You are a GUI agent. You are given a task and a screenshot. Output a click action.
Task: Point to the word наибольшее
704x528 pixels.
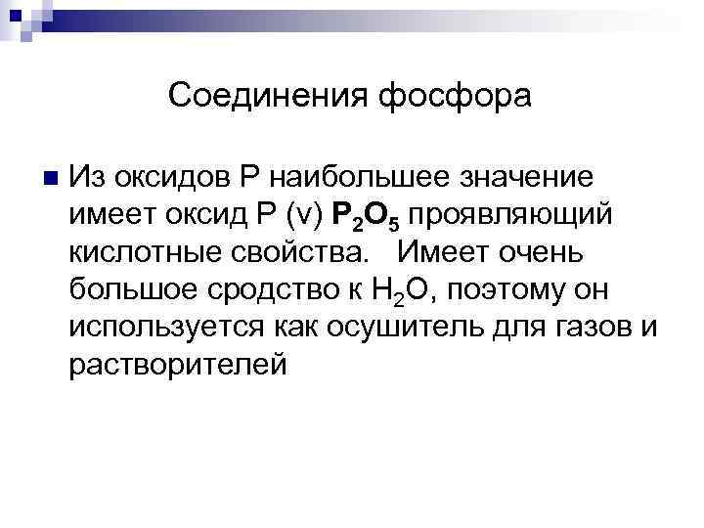(365, 177)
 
